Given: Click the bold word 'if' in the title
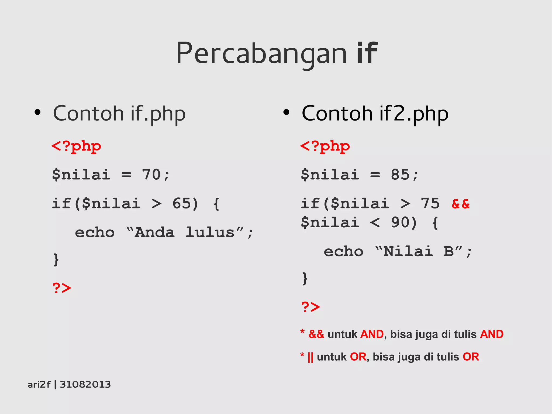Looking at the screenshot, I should (x=367, y=53).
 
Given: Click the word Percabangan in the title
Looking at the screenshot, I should (x=261, y=54).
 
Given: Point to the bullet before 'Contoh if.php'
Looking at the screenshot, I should (x=38, y=112).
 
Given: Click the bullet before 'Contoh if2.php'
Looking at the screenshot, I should (x=286, y=112).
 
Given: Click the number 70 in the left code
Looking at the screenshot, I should (x=151, y=175).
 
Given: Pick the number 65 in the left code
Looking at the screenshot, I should (x=181, y=203).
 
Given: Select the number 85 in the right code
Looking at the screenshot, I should (x=400, y=175).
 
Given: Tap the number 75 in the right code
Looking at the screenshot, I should (x=430, y=203).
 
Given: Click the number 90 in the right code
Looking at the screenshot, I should (x=400, y=223).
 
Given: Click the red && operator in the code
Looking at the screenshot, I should (x=461, y=204).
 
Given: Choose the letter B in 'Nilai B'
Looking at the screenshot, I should (x=448, y=251).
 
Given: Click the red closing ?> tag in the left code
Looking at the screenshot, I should (x=62, y=288).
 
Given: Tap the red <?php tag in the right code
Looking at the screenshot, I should (x=325, y=146).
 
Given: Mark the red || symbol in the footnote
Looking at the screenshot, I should (x=310, y=357).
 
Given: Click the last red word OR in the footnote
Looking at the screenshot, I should (x=471, y=357).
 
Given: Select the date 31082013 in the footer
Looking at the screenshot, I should (x=85, y=384).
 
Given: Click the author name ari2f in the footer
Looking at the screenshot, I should (x=39, y=384).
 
